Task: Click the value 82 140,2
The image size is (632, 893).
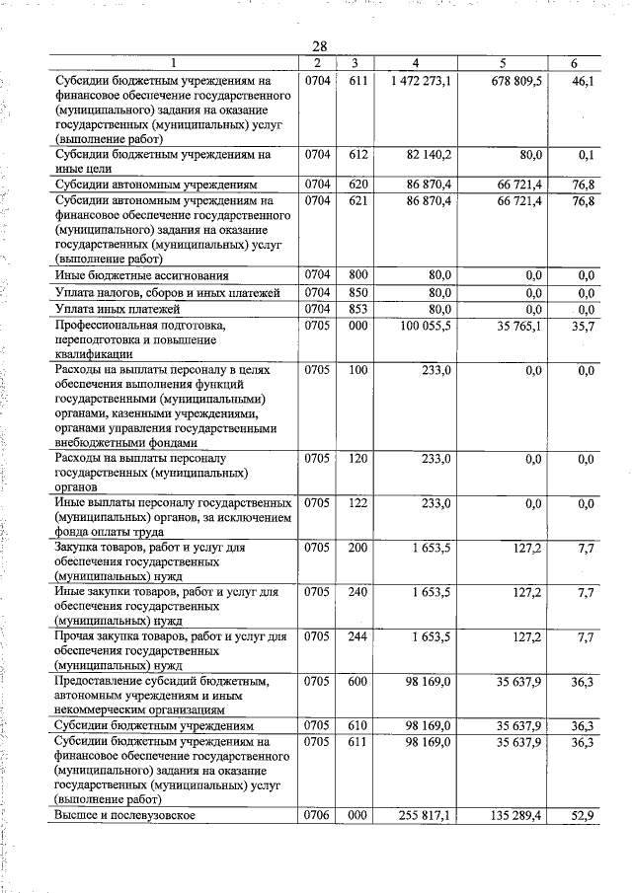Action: pyautogui.click(x=428, y=156)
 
